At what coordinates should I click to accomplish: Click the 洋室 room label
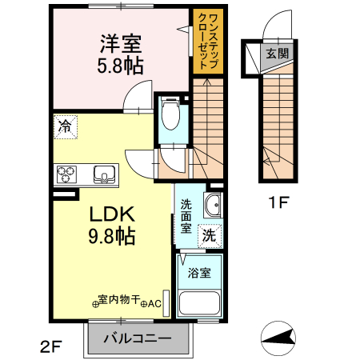(121, 44)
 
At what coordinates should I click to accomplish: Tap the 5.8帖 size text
(120, 66)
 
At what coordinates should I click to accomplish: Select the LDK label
(112, 214)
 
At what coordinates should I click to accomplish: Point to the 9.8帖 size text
(112, 236)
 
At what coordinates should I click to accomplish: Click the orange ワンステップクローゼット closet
(208, 42)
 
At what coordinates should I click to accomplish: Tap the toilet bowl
(170, 114)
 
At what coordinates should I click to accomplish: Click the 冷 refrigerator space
(66, 127)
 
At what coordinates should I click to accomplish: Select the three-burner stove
(66, 174)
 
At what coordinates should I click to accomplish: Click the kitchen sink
(104, 174)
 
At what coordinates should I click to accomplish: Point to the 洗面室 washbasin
(213, 205)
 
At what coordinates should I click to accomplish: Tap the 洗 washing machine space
(210, 236)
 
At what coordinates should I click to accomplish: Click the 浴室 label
(199, 273)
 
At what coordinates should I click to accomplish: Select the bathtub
(199, 303)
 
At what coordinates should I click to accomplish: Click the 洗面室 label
(186, 216)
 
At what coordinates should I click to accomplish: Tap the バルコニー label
(138, 338)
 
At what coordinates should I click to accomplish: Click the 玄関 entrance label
(278, 54)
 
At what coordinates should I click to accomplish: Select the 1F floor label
(278, 202)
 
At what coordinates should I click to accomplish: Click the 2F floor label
(51, 346)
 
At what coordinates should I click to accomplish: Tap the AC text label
(154, 304)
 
